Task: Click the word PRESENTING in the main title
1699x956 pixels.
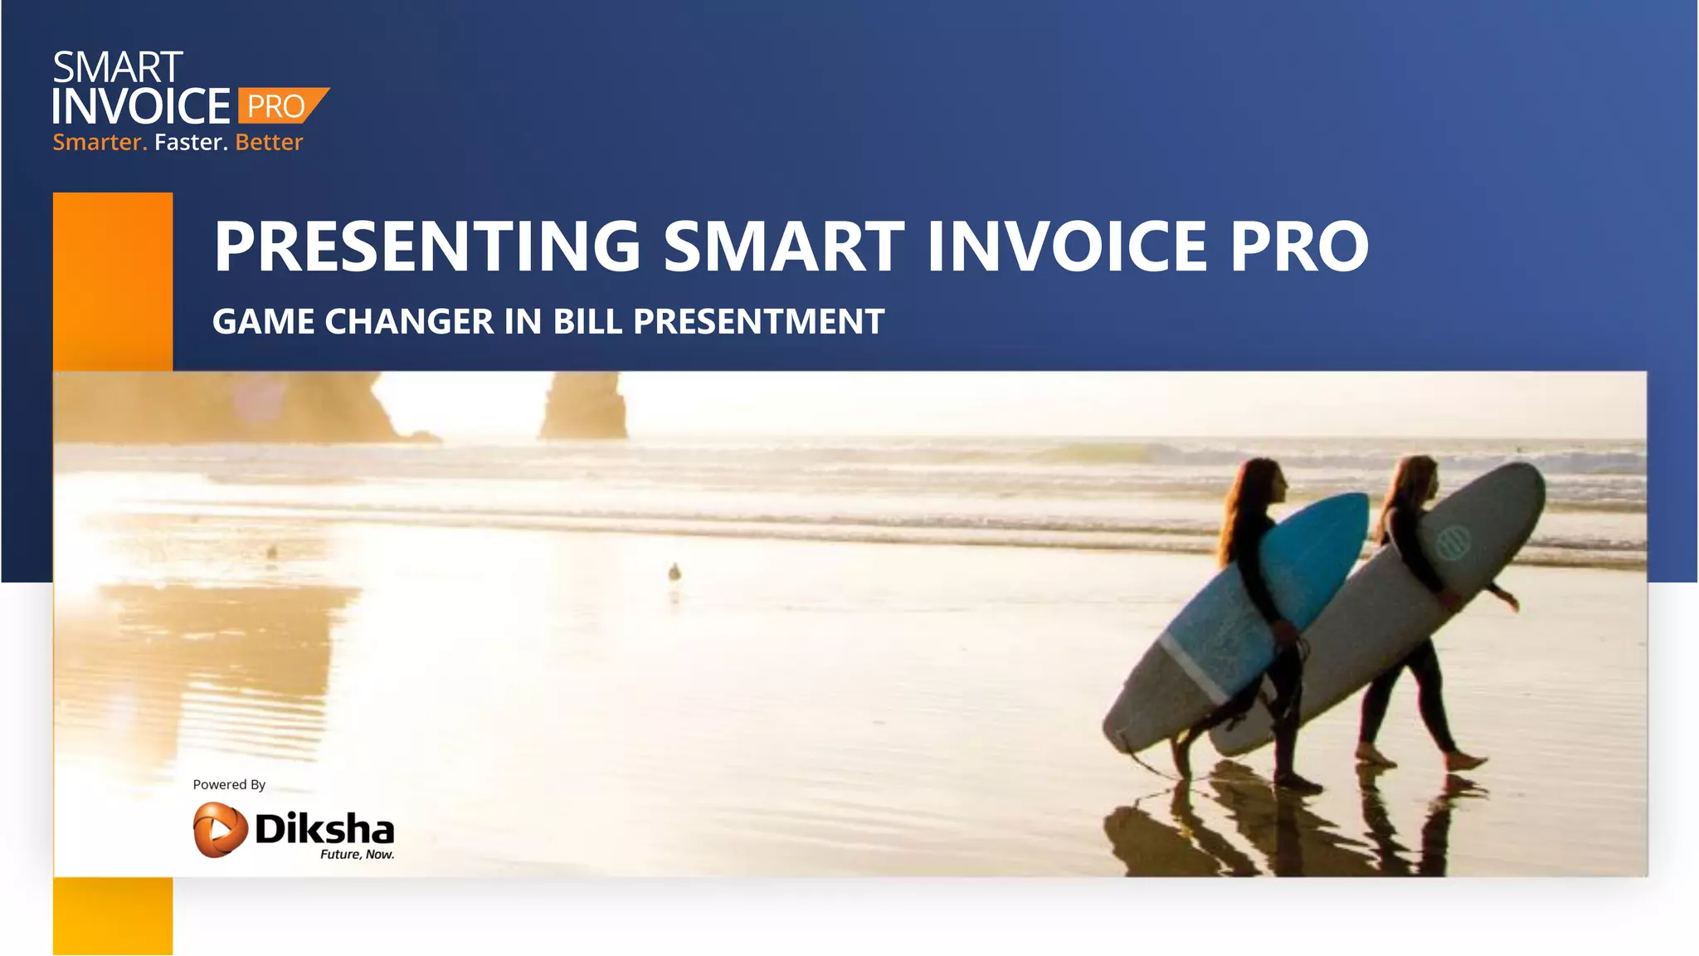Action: (x=427, y=246)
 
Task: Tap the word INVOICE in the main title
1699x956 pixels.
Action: (x=1066, y=246)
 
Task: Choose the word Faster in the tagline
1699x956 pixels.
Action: (x=191, y=143)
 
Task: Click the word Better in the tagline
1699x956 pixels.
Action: (x=269, y=143)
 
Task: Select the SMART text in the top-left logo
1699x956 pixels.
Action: (x=118, y=68)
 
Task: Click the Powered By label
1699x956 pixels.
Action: (x=229, y=785)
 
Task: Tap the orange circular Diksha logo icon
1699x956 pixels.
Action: (x=220, y=829)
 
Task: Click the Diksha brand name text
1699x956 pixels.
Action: (x=324, y=827)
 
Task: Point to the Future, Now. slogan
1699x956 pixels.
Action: (x=357, y=855)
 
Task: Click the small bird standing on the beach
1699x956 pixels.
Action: (x=674, y=572)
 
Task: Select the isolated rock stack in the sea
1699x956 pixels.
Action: (x=583, y=407)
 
